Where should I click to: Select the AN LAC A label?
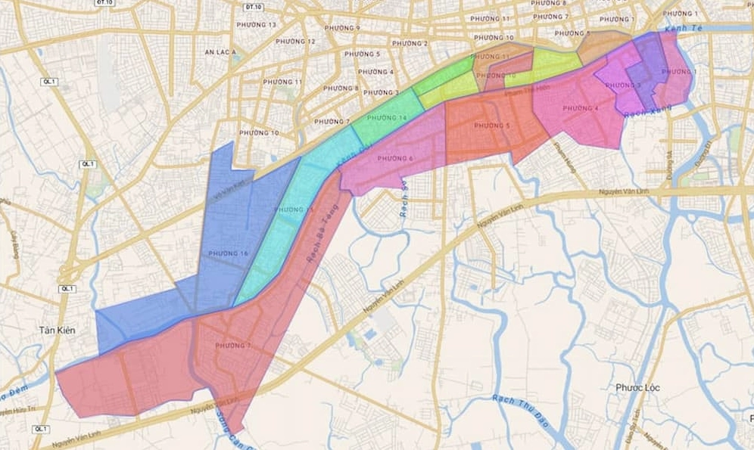click(220, 52)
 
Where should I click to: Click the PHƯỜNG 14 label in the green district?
click(387, 118)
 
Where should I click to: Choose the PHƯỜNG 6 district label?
click(394, 158)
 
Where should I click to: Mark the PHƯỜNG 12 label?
click(295, 41)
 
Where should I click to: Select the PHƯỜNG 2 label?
click(409, 43)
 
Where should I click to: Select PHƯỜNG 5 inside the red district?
click(492, 126)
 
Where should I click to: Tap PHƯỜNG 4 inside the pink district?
click(580, 108)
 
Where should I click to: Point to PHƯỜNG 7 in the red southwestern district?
click(233, 346)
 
